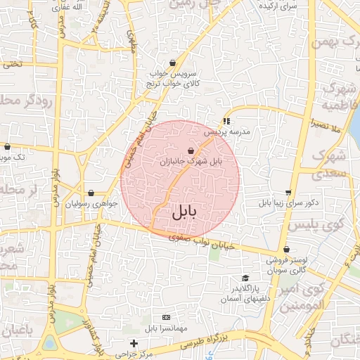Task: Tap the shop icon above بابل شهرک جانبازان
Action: tap(191, 150)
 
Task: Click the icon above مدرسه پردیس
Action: tap(226, 121)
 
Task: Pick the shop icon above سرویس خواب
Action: tap(172, 63)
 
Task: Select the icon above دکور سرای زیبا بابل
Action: tap(288, 193)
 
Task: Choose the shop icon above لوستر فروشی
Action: tap(286, 250)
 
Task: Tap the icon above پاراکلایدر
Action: tap(245, 278)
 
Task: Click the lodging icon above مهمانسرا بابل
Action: tap(166, 318)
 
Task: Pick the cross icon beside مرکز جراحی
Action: tap(134, 342)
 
